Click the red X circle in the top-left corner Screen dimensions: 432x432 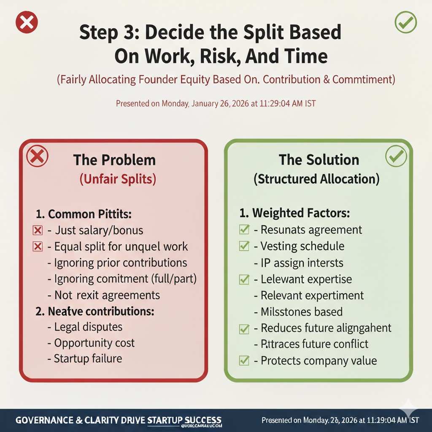pos(27,22)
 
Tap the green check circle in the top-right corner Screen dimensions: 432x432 pos(405,22)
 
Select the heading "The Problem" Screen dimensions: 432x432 pos(114,160)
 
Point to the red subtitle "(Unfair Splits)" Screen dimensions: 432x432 pos(118,179)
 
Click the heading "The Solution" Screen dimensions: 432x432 pos(319,160)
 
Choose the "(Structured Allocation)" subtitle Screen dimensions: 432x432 pos(316,179)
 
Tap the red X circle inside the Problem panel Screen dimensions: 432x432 pos(37,157)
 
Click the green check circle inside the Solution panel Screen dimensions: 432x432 pos(396,157)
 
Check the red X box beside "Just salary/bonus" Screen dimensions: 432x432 pos(38,230)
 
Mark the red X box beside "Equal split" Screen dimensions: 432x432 pos(38,247)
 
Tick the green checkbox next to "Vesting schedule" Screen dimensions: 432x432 pos(244,246)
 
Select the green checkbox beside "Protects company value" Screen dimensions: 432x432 pos(244,361)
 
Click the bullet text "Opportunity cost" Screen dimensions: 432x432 pos(94,343)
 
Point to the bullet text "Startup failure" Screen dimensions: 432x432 pos(88,359)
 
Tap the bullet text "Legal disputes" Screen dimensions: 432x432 pos(88,327)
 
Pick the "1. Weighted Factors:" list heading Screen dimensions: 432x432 pos(294,213)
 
